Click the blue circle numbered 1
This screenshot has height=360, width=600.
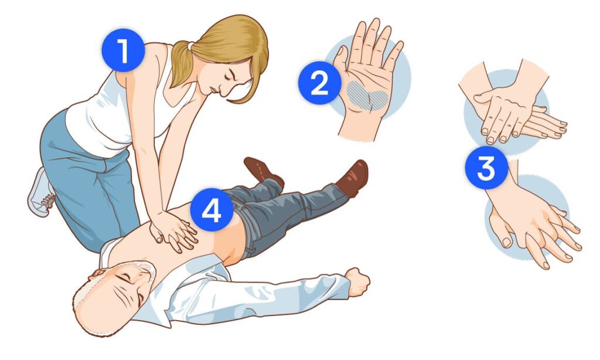point(123,50)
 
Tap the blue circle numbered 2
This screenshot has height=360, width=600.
point(319,83)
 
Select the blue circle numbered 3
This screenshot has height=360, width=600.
point(486,168)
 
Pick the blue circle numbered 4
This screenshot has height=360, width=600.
point(212,209)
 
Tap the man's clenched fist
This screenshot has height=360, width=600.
point(357,281)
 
